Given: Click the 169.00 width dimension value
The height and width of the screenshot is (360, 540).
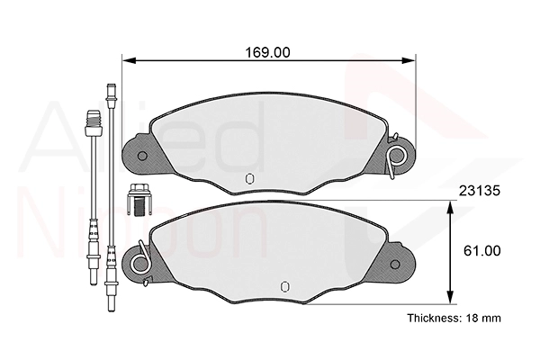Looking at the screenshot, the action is pyautogui.click(x=267, y=52).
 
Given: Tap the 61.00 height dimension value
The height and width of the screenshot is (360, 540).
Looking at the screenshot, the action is pyautogui.click(x=481, y=251).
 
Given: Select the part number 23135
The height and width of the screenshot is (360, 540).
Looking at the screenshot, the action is pyautogui.click(x=479, y=191).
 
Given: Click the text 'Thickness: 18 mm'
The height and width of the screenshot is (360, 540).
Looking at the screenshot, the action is pyautogui.click(x=454, y=318).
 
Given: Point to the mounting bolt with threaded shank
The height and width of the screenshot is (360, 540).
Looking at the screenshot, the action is pyautogui.click(x=139, y=200).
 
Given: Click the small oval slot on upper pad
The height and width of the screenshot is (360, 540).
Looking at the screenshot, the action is pyautogui.click(x=249, y=179).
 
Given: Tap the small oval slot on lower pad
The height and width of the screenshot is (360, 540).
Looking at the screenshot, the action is pyautogui.click(x=284, y=286).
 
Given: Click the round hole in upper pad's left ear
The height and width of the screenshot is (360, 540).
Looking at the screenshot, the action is pyautogui.click(x=142, y=156).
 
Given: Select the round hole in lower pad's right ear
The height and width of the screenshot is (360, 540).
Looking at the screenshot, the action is pyautogui.click(x=395, y=265).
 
